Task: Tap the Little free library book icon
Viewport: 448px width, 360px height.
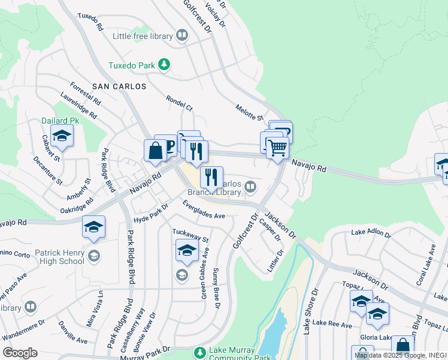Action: click(x=181, y=36)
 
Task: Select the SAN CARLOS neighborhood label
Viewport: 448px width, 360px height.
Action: click(x=119, y=86)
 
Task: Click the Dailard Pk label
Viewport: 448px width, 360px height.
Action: click(x=60, y=120)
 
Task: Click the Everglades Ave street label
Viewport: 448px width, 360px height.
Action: click(x=204, y=212)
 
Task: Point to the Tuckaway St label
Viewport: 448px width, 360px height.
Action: click(x=190, y=235)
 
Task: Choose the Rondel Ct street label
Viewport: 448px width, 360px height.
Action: click(x=179, y=104)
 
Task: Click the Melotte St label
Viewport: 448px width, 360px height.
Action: click(x=249, y=110)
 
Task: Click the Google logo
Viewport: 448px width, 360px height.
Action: click(x=20, y=353)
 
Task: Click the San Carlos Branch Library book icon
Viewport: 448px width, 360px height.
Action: click(x=250, y=187)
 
